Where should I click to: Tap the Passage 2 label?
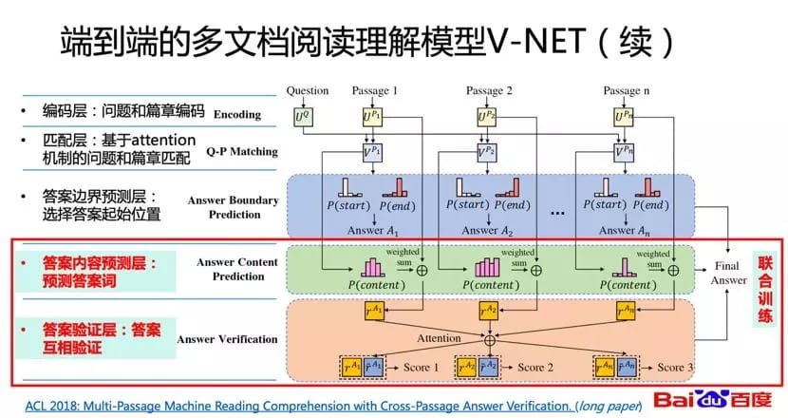pos(489,91)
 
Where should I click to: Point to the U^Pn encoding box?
pos(625,117)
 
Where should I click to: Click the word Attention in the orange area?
pos(440,337)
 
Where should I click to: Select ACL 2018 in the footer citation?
pos(52,405)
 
